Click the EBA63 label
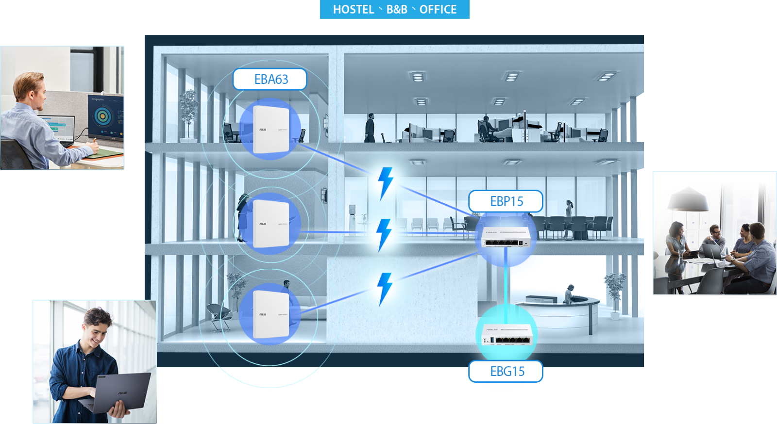(270, 79)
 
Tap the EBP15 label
(506, 201)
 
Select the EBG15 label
(507, 372)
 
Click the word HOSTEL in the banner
(353, 10)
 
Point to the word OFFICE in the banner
(438, 10)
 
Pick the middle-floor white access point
(270, 224)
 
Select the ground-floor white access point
(270, 314)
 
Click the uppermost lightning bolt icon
(386, 182)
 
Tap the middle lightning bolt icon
(385, 234)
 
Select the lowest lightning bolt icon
(385, 288)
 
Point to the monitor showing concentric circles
(105, 117)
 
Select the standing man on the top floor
(370, 128)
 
